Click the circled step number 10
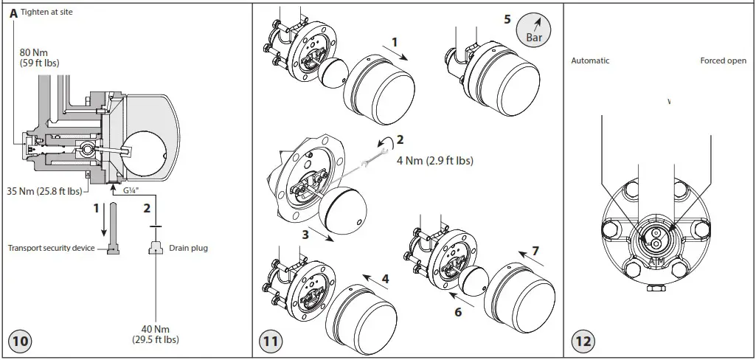pos(21,342)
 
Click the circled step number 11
pos(271,342)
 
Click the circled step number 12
pos(583,342)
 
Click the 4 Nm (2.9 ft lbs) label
pos(434,160)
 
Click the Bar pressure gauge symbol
pos(531,29)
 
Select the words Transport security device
pos(52,248)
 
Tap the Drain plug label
pos(188,248)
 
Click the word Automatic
pos(590,60)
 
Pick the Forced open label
pos(723,60)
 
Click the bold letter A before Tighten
pos(13,13)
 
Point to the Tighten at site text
pos(46,13)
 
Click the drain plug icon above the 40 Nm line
pos(155,248)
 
